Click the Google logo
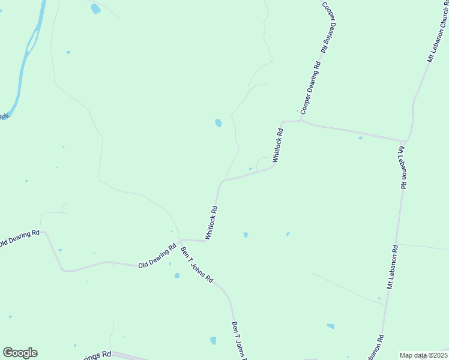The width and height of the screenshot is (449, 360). click(20, 353)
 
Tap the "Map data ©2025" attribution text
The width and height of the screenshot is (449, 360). click(423, 355)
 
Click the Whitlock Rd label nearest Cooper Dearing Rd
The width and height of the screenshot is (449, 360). click(277, 145)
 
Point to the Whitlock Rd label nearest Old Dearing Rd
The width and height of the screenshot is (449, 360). click(211, 223)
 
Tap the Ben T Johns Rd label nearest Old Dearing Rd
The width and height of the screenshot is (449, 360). click(197, 265)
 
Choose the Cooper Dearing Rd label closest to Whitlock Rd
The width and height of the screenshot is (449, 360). click(311, 88)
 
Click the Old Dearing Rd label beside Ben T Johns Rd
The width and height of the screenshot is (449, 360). click(157, 255)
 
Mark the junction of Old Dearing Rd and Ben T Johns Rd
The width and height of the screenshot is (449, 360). click(180, 240)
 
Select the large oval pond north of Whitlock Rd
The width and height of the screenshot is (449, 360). click(218, 123)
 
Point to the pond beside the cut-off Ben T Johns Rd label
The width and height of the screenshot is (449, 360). click(213, 341)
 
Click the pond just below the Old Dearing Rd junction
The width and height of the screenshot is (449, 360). click(176, 275)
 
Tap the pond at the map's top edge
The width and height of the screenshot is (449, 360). click(95, 9)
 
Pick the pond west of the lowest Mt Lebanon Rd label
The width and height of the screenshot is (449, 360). click(331, 326)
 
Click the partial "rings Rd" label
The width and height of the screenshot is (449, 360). click(98, 355)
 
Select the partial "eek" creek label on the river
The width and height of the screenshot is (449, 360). click(4, 116)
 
